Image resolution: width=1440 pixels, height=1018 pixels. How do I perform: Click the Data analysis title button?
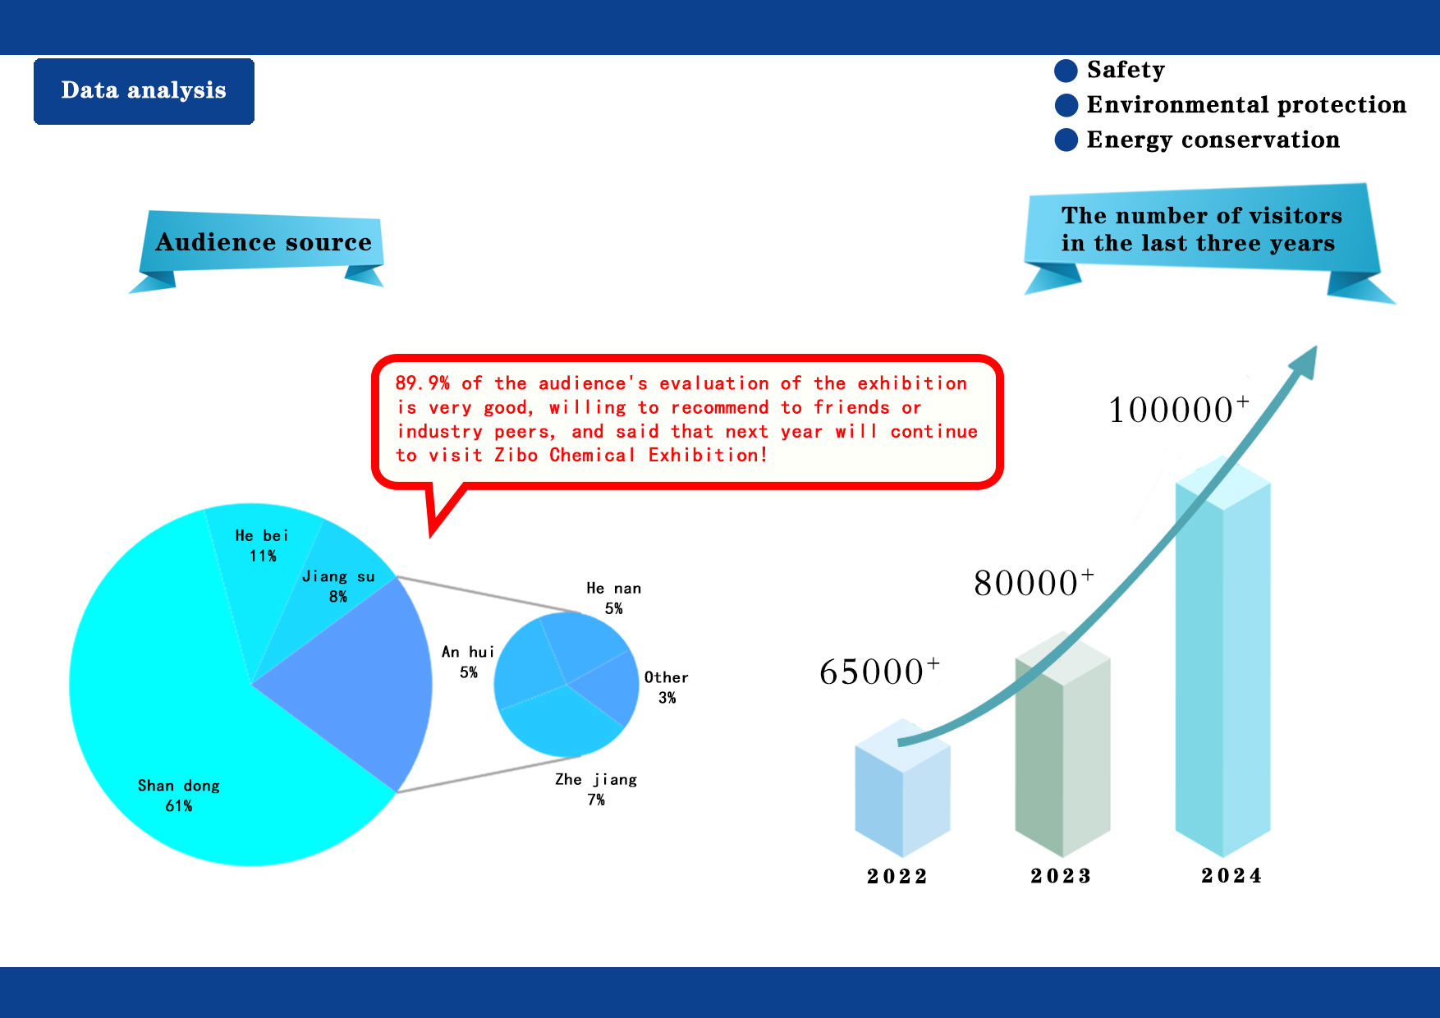[x=144, y=91]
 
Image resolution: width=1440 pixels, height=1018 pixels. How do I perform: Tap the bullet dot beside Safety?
[x=1066, y=71]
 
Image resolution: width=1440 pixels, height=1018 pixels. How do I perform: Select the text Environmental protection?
[x=1246, y=105]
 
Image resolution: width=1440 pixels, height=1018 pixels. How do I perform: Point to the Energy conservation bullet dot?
[x=1066, y=140]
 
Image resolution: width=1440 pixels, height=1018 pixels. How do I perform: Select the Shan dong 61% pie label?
[x=179, y=796]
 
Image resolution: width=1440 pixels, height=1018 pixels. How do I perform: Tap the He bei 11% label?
[x=263, y=545]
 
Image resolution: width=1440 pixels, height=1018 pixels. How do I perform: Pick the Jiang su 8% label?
[x=338, y=586]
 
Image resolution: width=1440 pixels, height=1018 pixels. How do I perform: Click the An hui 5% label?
[x=468, y=662]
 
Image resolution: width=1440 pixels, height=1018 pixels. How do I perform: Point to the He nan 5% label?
[x=614, y=598]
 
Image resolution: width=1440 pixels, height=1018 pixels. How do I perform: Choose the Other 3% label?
[x=667, y=687]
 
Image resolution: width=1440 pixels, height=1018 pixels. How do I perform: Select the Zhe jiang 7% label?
[x=596, y=789]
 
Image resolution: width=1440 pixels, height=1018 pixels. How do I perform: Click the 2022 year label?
[x=897, y=877]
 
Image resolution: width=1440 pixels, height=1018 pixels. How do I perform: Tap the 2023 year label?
[x=1061, y=876]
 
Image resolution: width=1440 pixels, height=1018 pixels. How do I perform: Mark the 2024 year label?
[x=1231, y=876]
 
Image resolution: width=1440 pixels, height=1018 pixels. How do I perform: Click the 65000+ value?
[x=879, y=671]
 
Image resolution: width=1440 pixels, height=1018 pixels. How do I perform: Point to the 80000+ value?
[x=1034, y=582]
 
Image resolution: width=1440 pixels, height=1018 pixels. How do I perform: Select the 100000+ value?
[x=1179, y=409]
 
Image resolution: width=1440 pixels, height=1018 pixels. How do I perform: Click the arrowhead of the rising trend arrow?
[x=1305, y=362]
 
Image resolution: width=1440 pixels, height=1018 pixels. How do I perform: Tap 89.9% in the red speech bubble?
[x=422, y=383]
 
